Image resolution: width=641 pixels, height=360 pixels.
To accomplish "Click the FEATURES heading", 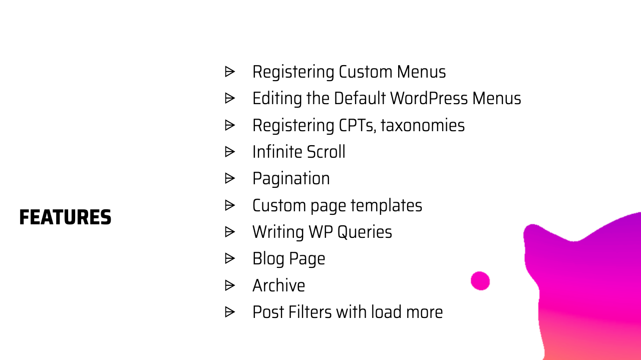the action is click(65, 218).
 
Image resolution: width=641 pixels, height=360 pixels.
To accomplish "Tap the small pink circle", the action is click(480, 281).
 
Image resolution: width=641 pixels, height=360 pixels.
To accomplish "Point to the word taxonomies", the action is click(423, 125).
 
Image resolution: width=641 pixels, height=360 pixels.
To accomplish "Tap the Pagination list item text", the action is click(291, 179).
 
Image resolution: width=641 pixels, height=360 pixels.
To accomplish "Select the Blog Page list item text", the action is click(289, 259).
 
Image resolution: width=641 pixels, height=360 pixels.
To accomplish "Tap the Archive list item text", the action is click(278, 285).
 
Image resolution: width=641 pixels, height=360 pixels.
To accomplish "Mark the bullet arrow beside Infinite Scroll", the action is click(230, 152).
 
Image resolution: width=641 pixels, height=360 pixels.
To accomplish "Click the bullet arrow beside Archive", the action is click(230, 285).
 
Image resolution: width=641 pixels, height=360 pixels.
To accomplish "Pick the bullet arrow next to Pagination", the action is click(230, 178).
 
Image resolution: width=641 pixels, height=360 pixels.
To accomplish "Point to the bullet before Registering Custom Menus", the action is click(230, 72).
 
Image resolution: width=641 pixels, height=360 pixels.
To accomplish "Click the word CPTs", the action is click(356, 125).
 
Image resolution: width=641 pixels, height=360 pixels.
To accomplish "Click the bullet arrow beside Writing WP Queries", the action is click(230, 232).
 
